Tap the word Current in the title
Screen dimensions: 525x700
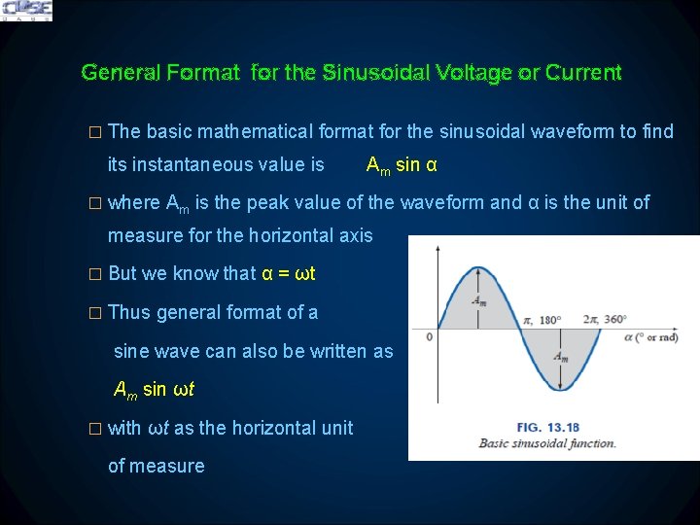(583, 72)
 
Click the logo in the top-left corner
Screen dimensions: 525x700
(26, 11)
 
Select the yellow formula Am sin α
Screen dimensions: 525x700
(401, 164)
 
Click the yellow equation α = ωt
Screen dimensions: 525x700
(289, 273)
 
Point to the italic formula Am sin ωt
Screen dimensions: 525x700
(154, 390)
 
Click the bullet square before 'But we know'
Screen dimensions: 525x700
(94, 274)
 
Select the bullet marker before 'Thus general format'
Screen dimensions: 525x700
(94, 313)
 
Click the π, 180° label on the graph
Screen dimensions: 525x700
(542, 319)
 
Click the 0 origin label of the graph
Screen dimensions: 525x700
(429, 337)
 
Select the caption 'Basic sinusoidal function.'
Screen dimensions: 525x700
(547, 443)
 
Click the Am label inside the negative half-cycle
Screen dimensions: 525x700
(561, 357)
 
